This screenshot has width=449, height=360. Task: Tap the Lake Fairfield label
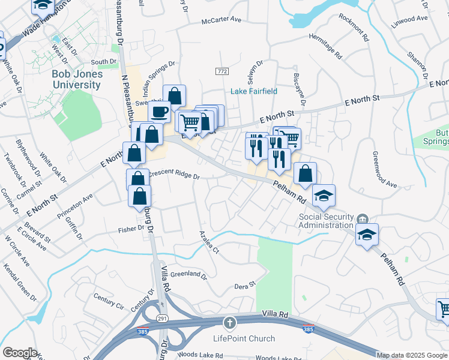[255, 91]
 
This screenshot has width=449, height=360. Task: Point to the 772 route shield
[222, 71]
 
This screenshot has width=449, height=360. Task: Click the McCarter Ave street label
[221, 20]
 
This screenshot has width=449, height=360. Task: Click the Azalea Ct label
[209, 242]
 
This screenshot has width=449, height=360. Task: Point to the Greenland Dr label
[188, 276]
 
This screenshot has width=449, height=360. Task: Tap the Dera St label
[245, 286]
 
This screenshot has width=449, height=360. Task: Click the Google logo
[20, 353]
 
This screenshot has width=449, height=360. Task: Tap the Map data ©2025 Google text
[411, 355]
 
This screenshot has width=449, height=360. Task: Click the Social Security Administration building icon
[363, 218]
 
